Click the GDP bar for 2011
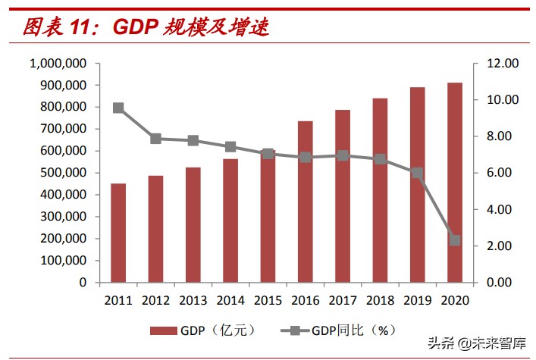(x=118, y=233)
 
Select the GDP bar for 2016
(x=305, y=202)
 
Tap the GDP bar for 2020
(x=454, y=182)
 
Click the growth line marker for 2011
(x=118, y=108)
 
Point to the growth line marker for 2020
(x=454, y=240)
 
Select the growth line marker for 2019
(x=417, y=173)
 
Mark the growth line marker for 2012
(x=155, y=139)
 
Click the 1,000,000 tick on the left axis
(x=58, y=64)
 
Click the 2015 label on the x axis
(x=268, y=299)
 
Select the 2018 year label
(x=380, y=299)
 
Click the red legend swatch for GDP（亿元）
(x=162, y=330)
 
